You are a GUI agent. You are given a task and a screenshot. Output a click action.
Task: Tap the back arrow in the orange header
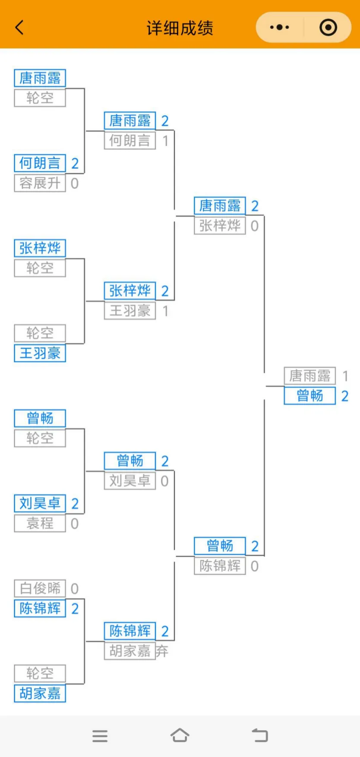tap(19, 28)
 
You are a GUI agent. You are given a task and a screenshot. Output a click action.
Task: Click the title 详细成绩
tap(180, 28)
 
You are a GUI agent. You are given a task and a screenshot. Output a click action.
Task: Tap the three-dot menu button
tap(279, 28)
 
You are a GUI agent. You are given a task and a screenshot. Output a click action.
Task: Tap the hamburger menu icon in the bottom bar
tap(100, 736)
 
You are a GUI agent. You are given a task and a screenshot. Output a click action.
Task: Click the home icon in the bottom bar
tap(180, 735)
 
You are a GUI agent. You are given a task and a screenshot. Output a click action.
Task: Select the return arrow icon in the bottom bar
tap(260, 735)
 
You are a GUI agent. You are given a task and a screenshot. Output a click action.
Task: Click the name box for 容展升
tap(40, 183)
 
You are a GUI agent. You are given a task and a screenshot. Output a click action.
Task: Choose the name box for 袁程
tap(40, 524)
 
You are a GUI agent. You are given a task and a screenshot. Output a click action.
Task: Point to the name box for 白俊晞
tap(40, 588)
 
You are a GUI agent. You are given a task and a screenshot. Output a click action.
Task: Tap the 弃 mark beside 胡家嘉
tap(162, 651)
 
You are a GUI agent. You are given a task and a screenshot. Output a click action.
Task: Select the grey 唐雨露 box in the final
tap(309, 376)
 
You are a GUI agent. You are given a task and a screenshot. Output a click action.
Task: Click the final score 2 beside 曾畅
tap(344, 396)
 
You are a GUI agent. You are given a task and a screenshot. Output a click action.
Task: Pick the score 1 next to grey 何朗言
tap(165, 141)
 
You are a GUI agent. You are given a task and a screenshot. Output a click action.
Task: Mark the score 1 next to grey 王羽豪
tap(165, 311)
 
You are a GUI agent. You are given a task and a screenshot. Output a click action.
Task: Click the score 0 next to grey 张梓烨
tap(255, 226)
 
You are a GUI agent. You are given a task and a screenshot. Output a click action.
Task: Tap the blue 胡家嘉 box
tap(40, 694)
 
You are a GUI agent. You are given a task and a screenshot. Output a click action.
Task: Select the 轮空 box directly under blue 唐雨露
tap(40, 98)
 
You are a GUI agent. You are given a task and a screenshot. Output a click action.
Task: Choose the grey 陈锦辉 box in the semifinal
tap(220, 566)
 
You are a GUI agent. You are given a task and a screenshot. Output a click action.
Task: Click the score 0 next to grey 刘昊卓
tap(164, 481)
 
